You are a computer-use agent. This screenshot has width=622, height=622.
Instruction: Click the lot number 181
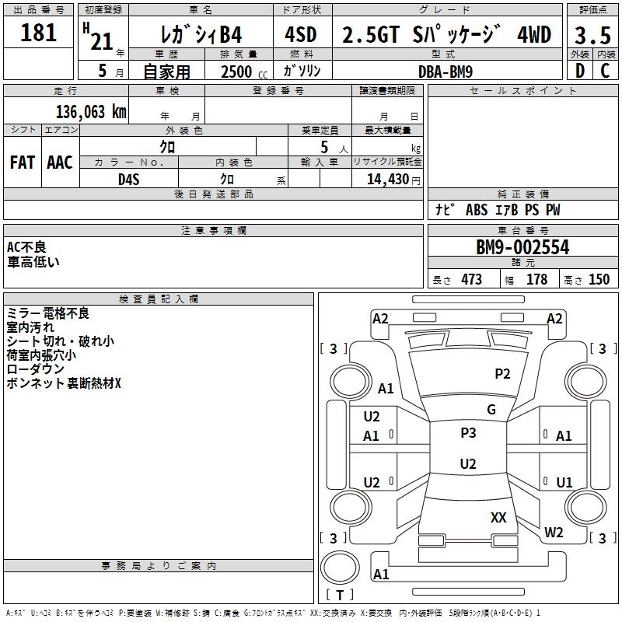pos(38,32)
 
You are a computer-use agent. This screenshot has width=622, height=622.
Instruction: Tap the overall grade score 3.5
pos(592,35)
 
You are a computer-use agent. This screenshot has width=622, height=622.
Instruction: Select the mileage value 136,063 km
pos(91,112)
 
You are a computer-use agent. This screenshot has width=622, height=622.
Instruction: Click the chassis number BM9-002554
pos(522,247)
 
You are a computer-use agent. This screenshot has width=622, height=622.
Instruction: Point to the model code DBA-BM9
pos(446,72)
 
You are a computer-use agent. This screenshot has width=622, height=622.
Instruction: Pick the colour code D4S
pos(129,180)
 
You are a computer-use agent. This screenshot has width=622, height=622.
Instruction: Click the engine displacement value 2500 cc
pos(244,72)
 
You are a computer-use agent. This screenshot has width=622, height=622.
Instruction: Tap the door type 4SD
pos(301,34)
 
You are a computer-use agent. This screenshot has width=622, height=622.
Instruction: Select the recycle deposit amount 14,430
pos(388,180)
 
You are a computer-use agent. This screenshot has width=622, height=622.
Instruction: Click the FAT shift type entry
pos(23,162)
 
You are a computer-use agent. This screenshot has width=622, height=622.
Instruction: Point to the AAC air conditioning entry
pos(60,162)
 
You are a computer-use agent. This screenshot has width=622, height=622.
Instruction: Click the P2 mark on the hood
pos(502,374)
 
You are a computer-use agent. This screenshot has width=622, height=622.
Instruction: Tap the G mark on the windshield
pos(491,410)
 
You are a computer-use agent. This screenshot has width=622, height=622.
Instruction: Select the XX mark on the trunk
pos(498,517)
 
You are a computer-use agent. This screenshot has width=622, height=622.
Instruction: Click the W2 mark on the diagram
pos(554,533)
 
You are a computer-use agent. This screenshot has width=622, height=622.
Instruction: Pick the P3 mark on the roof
pos(468,433)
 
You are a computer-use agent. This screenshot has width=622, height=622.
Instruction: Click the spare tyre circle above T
pos(340,567)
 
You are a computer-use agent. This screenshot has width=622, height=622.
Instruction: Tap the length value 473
pos(472,279)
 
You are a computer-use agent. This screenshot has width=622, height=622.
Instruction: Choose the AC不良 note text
pos(26,247)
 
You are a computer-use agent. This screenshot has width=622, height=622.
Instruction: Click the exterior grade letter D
pos(580,71)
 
